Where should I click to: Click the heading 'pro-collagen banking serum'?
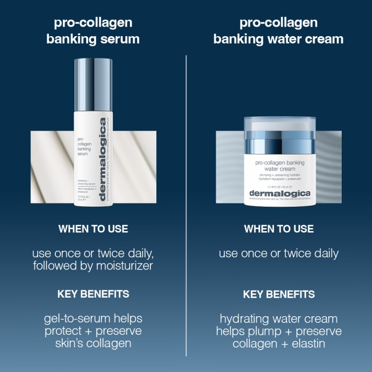coord(93,31)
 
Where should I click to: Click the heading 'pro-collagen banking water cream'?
coord(278,31)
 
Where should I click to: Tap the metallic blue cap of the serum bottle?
coord(93,85)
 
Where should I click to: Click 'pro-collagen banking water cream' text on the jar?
coord(278,166)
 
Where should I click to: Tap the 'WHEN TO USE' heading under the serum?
coord(93,229)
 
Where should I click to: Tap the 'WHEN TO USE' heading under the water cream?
coord(278,229)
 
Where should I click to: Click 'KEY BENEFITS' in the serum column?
coord(93,294)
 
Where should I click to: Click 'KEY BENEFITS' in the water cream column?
coord(278,294)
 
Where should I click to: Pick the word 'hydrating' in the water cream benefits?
coord(245,319)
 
